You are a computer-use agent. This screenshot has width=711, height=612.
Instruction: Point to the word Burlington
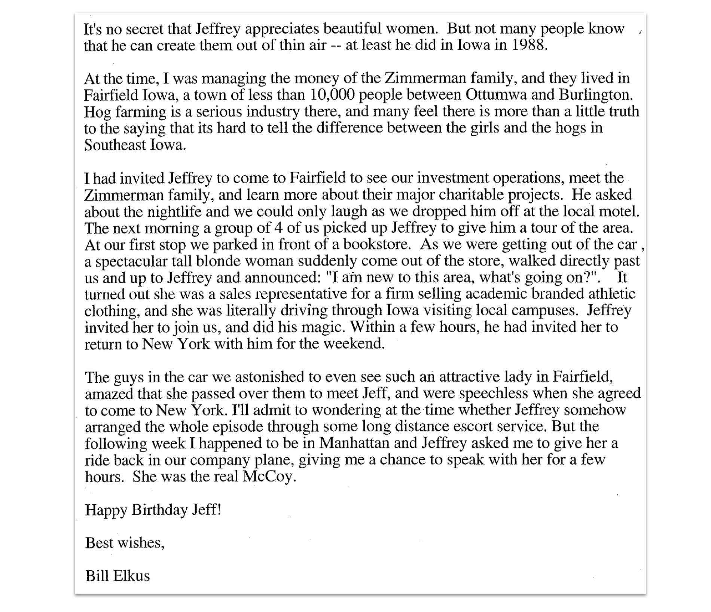click(x=595, y=95)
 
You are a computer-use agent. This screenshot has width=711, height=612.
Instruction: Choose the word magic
click(x=321, y=327)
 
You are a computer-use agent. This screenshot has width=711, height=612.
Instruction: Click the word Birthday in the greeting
click(x=159, y=510)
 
